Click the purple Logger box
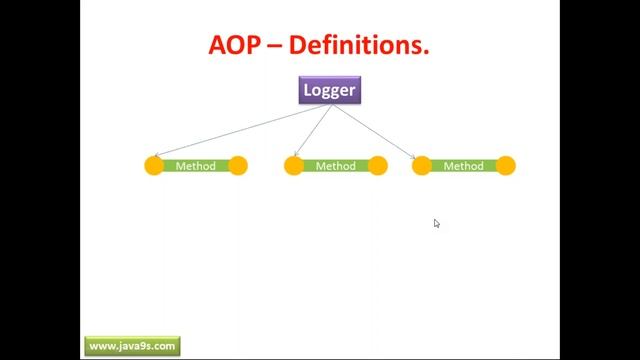pyautogui.click(x=329, y=91)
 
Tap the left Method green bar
pyautogui.click(x=196, y=166)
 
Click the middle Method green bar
pyautogui.click(x=336, y=166)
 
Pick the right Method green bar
pyautogui.click(x=463, y=166)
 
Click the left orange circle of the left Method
pyautogui.click(x=154, y=166)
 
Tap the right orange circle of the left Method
pyautogui.click(x=238, y=166)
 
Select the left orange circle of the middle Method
pyautogui.click(x=294, y=166)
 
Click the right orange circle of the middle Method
pyautogui.click(x=378, y=166)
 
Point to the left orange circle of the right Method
pyautogui.click(x=422, y=166)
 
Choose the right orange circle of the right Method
pyautogui.click(x=506, y=166)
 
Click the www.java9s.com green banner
pyautogui.click(x=132, y=346)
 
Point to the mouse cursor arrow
pyautogui.click(x=437, y=223)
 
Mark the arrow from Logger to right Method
pyautogui.click(x=375, y=131)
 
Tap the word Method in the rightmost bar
pyautogui.click(x=463, y=166)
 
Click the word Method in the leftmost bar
pyautogui.click(x=196, y=166)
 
